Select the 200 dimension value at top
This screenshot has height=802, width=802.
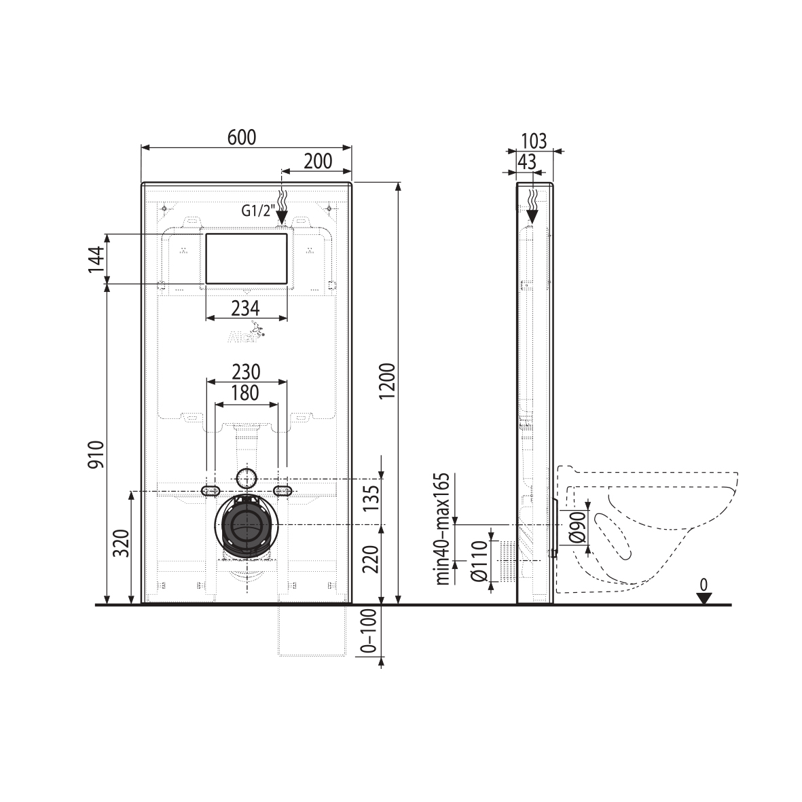[317, 162]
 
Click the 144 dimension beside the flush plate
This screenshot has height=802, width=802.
[97, 259]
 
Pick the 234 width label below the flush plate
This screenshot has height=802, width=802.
[245, 308]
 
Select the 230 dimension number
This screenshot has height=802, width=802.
[245, 372]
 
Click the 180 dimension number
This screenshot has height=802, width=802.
[245, 393]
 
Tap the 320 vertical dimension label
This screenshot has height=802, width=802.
[121, 543]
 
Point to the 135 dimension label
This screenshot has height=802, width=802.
[371, 501]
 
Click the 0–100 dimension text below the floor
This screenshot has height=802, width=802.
[367, 631]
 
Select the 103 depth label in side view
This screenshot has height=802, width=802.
[533, 141]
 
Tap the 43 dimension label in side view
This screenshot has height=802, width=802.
[526, 162]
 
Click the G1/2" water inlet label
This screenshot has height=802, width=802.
[257, 211]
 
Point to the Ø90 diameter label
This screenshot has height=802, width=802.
[577, 527]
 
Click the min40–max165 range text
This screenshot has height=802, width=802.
[443, 528]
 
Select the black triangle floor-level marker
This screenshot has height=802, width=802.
[704, 598]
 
